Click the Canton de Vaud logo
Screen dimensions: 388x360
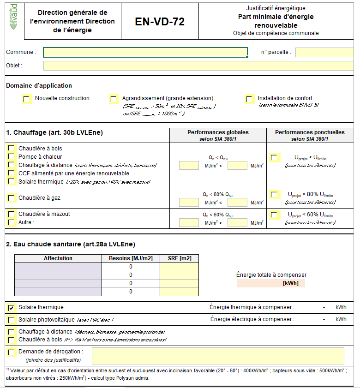point(14,17)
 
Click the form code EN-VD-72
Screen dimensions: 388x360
point(160,22)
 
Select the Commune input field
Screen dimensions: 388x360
point(145,52)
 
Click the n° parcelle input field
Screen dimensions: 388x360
point(327,52)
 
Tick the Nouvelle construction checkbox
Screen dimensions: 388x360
point(27,99)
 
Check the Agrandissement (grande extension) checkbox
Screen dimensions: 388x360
point(114,99)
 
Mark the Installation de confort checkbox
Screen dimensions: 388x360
point(249,99)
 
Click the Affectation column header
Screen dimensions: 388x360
point(58,258)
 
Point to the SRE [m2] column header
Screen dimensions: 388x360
point(179,258)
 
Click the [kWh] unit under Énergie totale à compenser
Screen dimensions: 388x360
point(290,283)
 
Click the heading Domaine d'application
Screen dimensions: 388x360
point(39,85)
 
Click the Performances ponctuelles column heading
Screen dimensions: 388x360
point(310,132)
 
